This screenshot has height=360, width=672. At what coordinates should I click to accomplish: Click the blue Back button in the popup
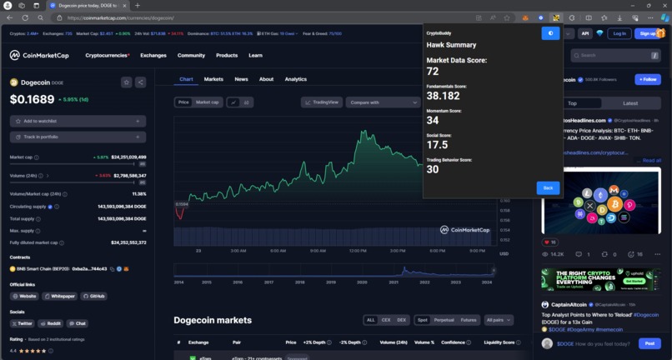pyautogui.click(x=548, y=187)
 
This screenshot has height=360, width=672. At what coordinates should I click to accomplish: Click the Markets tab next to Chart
pyautogui.click(x=213, y=79)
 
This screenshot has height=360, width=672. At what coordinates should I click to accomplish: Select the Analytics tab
pyautogui.click(x=296, y=79)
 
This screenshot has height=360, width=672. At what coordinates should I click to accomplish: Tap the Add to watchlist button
pyautogui.click(x=78, y=121)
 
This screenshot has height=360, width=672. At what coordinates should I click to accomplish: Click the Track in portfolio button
pyautogui.click(x=78, y=137)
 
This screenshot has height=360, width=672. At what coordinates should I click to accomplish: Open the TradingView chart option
pyautogui.click(x=322, y=102)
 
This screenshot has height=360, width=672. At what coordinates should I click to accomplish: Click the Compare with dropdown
pyautogui.click(x=383, y=102)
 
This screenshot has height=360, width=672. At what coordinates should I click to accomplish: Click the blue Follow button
pyautogui.click(x=648, y=79)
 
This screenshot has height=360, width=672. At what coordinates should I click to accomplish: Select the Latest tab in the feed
pyautogui.click(x=630, y=103)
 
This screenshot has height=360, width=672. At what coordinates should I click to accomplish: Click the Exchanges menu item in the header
pyautogui.click(x=153, y=56)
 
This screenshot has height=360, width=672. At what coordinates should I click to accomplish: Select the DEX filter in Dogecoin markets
pyautogui.click(x=401, y=320)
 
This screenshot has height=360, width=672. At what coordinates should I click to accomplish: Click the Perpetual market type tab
pyautogui.click(x=444, y=320)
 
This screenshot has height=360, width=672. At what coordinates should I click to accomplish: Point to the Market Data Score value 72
pyautogui.click(x=433, y=72)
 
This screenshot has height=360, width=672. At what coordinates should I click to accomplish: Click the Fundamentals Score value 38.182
pyautogui.click(x=444, y=96)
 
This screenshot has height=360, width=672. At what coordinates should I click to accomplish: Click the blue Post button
pyautogui.click(x=649, y=343)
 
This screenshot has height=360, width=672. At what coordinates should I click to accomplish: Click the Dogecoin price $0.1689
pyautogui.click(x=33, y=99)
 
